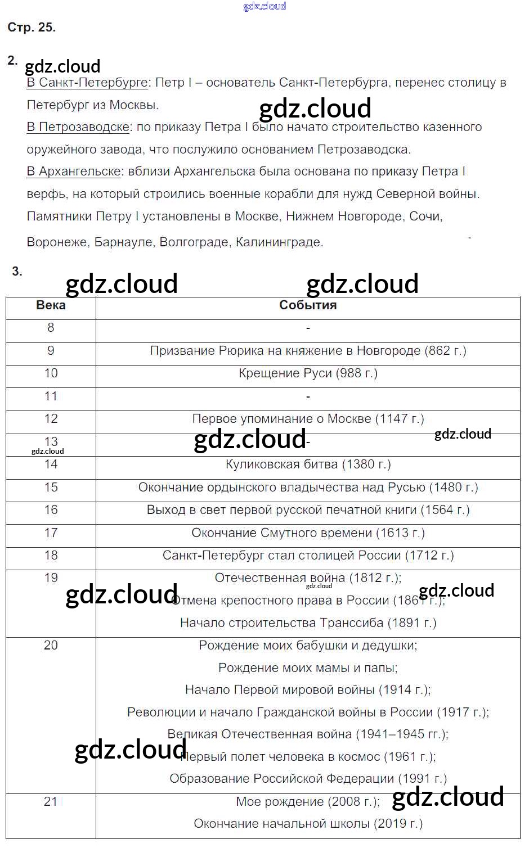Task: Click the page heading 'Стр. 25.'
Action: (32, 28)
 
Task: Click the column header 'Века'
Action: (51, 305)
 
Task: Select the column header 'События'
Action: (308, 305)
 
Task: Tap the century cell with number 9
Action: (51, 351)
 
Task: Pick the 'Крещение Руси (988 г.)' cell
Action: (308, 373)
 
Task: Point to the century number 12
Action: (51, 419)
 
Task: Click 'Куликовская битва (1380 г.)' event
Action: (308, 464)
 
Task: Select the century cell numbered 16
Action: (51, 510)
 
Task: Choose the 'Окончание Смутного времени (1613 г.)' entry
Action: (308, 533)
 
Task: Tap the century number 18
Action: (51, 556)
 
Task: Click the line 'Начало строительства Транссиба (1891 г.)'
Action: (308, 623)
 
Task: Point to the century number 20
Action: (51, 646)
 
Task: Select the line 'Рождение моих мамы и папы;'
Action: (308, 668)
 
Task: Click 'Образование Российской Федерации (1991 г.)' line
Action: (308, 779)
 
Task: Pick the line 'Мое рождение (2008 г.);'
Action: (308, 802)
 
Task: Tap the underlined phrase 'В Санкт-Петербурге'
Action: (87, 83)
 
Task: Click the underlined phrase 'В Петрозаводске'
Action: (78, 127)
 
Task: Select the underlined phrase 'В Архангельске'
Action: (74, 172)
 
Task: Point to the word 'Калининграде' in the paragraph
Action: (279, 242)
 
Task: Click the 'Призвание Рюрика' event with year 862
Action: (308, 351)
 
